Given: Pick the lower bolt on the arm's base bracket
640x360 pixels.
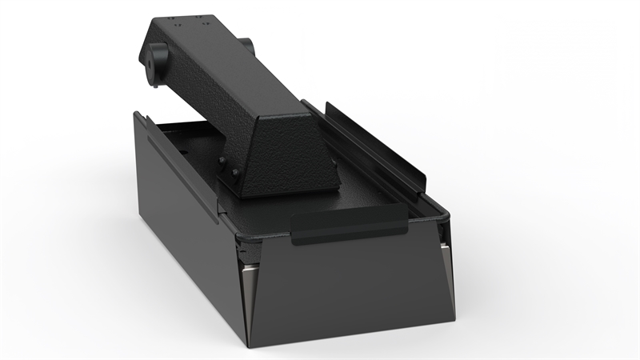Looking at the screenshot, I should pyautogui.click(x=234, y=171).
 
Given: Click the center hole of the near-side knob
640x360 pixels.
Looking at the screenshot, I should pyautogui.click(x=150, y=60).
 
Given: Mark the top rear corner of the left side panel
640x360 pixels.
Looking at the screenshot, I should pyautogui.click(x=137, y=114).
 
